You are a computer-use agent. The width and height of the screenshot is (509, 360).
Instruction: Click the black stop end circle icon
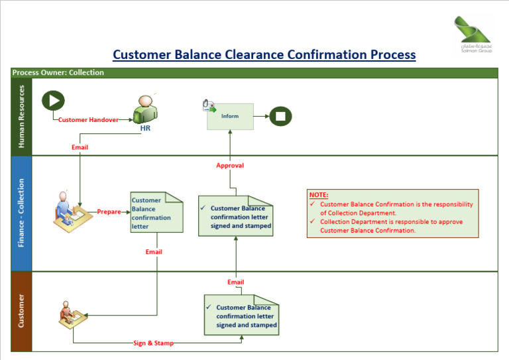(280, 116)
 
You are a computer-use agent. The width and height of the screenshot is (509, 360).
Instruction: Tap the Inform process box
(229, 116)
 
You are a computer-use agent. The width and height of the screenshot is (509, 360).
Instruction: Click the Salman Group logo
(474, 34)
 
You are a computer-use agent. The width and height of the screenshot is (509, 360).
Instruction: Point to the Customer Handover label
(87, 120)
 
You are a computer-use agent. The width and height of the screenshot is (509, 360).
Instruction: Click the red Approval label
(230, 165)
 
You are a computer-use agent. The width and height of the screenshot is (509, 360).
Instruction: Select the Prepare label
(109, 212)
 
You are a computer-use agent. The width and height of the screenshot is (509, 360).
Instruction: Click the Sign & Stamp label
(152, 343)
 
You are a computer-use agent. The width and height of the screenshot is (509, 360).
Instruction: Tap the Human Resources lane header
(21, 117)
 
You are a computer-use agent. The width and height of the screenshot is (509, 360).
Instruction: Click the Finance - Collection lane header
(21, 213)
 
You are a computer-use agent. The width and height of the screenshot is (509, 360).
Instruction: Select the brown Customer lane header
(21, 311)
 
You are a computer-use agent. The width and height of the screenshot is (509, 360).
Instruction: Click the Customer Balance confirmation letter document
(156, 213)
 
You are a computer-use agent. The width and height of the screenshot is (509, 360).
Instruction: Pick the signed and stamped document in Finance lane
(235, 216)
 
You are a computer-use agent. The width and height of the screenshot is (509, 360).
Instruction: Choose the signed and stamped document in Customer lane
(241, 316)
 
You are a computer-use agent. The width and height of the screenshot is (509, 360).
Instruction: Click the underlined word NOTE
(318, 195)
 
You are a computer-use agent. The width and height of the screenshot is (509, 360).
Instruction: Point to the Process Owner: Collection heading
(58, 73)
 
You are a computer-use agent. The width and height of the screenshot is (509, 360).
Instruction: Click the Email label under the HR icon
(80, 147)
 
